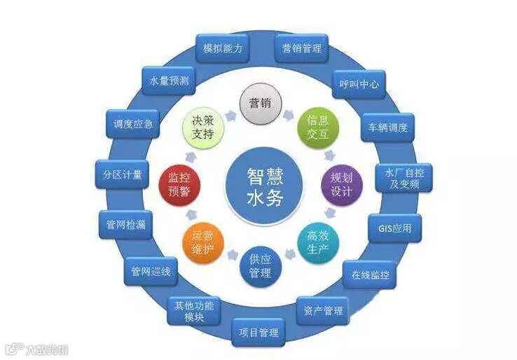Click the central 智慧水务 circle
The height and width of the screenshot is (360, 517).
(266, 184)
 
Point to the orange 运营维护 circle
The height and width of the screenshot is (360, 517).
(202, 242)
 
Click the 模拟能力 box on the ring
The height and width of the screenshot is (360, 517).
(223, 48)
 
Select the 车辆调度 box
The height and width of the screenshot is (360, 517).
(388, 128)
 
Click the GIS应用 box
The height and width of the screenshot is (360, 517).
(395, 228)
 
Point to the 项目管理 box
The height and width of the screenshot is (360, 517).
(258, 332)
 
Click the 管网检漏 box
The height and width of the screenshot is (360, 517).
(122, 224)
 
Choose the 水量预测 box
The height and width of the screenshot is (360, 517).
(169, 81)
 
